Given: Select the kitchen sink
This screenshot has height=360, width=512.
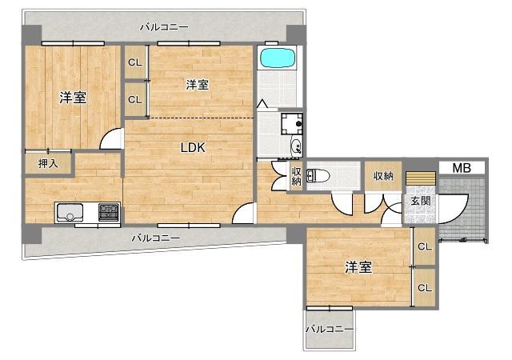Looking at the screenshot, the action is (70, 212).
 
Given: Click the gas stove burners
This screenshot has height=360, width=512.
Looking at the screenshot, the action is (109, 212).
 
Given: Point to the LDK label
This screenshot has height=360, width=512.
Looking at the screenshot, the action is (193, 148).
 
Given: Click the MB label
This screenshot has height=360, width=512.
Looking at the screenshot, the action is (462, 168).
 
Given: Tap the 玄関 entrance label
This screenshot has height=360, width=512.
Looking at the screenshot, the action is (421, 201).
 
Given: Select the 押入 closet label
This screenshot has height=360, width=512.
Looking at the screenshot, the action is (48, 163).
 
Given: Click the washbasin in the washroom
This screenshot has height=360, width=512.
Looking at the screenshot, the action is (297, 146).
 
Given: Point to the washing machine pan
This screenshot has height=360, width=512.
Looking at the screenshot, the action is (292, 123).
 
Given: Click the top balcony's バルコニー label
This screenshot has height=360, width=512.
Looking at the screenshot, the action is (164, 26).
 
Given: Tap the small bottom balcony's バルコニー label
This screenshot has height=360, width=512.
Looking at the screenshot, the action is (329, 329).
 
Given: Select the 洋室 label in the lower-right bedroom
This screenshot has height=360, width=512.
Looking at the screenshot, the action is (358, 267).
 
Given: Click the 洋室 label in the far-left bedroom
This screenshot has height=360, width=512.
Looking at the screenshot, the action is (73, 98).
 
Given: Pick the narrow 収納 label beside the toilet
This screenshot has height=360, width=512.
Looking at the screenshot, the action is (296, 177).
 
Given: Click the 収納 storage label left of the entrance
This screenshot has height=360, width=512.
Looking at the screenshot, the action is (383, 176).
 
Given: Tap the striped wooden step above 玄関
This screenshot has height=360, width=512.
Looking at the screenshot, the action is (421, 178).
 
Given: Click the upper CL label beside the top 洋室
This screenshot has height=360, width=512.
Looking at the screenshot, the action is (135, 62).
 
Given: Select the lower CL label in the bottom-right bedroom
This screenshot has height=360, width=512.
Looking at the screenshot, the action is (425, 288).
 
